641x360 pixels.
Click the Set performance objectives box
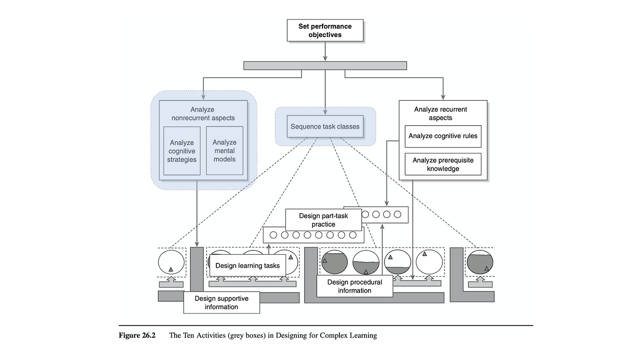click(x=325, y=31)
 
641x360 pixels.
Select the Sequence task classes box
click(x=325, y=127)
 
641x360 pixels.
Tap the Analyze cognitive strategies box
click(x=182, y=151)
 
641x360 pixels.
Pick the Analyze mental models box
click(x=224, y=151)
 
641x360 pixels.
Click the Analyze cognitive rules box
click(x=443, y=136)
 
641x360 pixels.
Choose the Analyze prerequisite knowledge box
click(x=443, y=164)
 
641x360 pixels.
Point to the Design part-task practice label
click(x=323, y=220)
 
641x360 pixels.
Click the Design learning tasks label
click(x=247, y=265)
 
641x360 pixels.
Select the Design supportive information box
click(x=221, y=302)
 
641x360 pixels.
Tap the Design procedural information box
click(x=355, y=286)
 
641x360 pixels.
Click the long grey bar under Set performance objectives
click(x=325, y=66)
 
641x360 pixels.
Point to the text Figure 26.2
click(x=137, y=335)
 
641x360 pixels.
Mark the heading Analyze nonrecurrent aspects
click(x=202, y=114)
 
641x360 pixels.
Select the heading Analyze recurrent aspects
click(x=433, y=114)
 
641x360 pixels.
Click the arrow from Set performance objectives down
click(x=325, y=51)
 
